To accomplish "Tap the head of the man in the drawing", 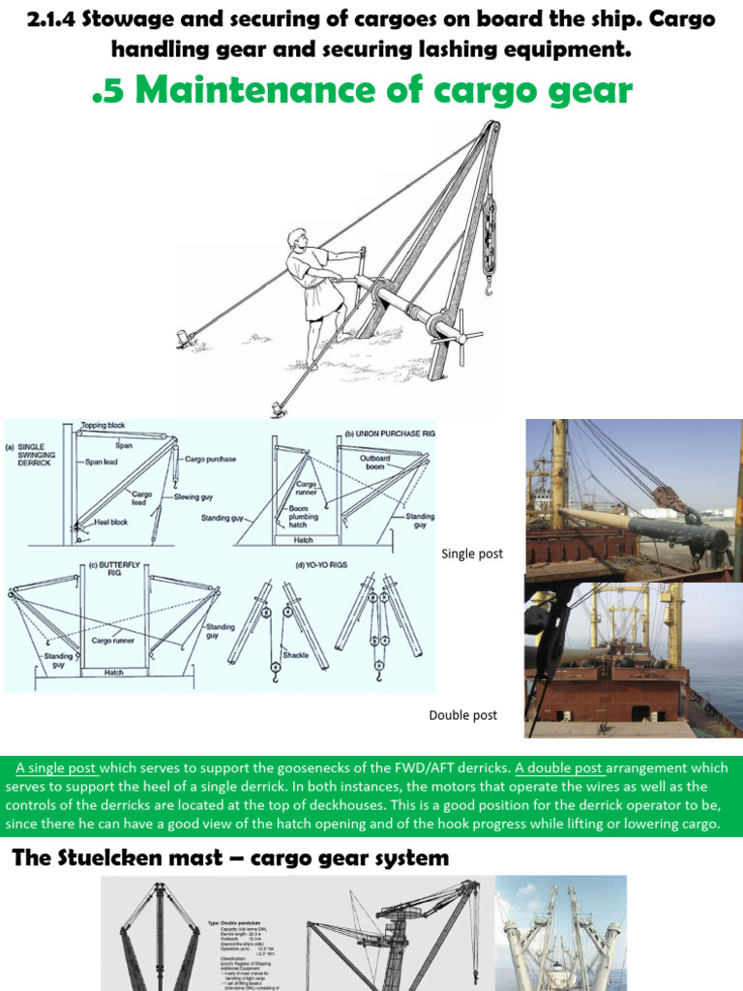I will click(298, 239).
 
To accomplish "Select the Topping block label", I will click(105, 425).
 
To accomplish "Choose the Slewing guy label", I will click(195, 496).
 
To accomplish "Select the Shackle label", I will click(295, 655).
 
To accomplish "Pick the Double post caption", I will click(462, 715).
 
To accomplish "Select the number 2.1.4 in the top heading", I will click(52, 18).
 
